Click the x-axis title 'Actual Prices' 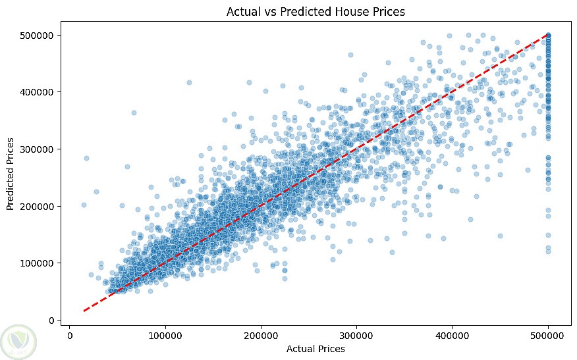click(316, 349)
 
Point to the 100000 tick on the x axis click(165, 335)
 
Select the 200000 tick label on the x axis click(261, 335)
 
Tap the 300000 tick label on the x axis click(357, 335)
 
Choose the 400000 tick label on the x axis click(453, 335)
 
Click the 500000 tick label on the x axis click(548, 335)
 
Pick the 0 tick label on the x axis click(69, 335)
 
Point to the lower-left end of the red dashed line click(84, 311)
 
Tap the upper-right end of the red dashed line click(548, 35)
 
